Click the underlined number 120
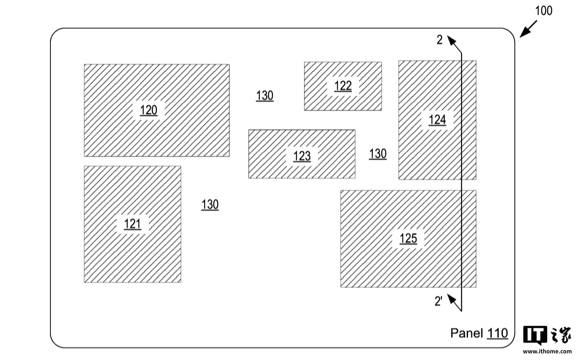click(148, 110)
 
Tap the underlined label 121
click(132, 224)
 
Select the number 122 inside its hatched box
click(343, 86)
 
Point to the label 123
click(302, 156)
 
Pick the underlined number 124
click(437, 119)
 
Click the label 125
click(408, 238)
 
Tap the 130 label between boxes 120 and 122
click(265, 96)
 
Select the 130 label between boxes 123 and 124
click(378, 154)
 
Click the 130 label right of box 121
click(210, 205)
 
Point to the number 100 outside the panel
click(543, 10)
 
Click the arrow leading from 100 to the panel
click(529, 29)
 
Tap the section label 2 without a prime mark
click(440, 40)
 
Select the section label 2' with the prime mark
click(438, 301)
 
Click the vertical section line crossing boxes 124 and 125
click(462, 182)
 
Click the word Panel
click(466, 333)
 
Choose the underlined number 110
click(497, 333)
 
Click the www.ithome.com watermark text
click(548, 352)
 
